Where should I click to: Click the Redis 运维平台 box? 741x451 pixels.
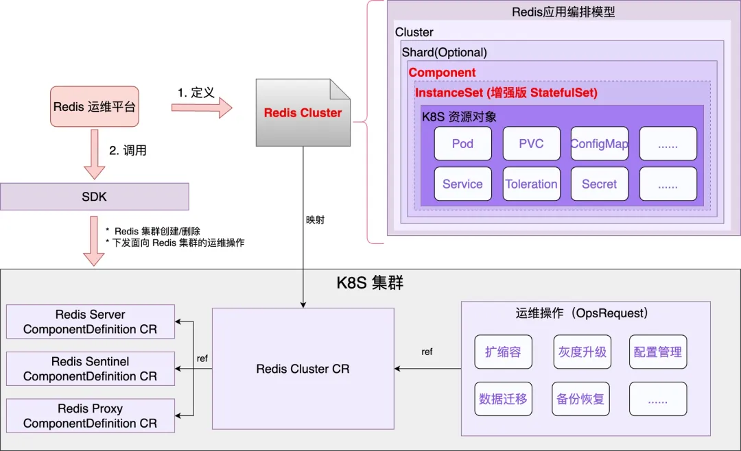[95, 106]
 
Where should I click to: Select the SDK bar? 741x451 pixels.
[95, 197]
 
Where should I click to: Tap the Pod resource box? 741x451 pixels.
[462, 143]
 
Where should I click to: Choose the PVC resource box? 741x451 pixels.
[531, 143]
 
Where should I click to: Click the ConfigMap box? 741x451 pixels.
[599, 143]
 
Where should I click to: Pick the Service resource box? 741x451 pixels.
[462, 184]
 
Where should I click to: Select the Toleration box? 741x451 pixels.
[531, 184]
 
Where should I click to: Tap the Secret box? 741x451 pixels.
[599, 184]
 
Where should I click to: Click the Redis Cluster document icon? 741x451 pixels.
[303, 112]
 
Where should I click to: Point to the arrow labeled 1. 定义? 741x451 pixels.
[202, 108]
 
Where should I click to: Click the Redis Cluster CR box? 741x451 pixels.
[303, 368]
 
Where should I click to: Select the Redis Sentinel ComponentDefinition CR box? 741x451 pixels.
[91, 368]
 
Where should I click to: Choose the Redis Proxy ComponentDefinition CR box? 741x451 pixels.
[91, 415]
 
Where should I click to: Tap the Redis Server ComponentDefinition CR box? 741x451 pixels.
[91, 321]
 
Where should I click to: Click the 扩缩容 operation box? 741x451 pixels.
[504, 352]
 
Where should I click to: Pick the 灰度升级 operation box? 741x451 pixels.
[583, 352]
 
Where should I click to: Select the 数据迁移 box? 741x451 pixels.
[504, 399]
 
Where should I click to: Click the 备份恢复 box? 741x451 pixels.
[581, 399]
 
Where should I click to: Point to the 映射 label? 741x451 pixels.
[315, 219]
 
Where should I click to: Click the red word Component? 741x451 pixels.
[442, 72]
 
